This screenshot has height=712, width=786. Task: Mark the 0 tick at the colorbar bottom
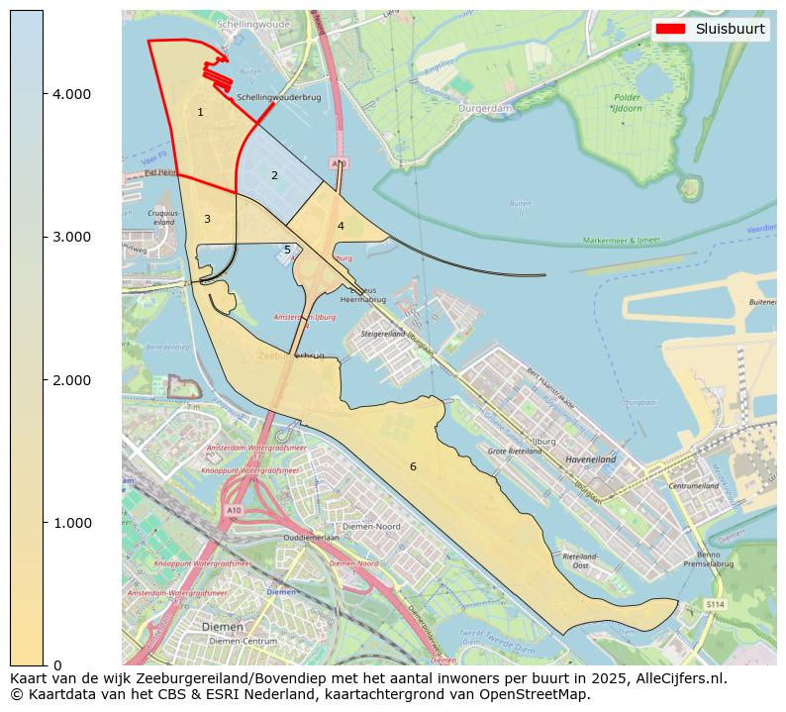pyautogui.click(x=56, y=664)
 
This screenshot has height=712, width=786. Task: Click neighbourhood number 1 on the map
pyautogui.click(x=200, y=113)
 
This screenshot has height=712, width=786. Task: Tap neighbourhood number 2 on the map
pyautogui.click(x=274, y=176)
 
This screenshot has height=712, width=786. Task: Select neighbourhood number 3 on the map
pyautogui.click(x=207, y=219)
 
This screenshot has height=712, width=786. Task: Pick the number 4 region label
pyautogui.click(x=341, y=226)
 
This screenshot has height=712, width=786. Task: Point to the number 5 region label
pyautogui.click(x=287, y=251)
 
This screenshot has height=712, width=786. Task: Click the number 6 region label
pyautogui.click(x=413, y=466)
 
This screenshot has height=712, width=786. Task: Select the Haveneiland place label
pyautogui.click(x=590, y=460)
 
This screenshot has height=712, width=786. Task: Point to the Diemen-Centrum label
pyautogui.click(x=244, y=641)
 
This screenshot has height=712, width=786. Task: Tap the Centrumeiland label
pyautogui.click(x=693, y=487)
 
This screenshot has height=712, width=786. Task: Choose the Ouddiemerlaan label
pyautogui.click(x=312, y=538)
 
